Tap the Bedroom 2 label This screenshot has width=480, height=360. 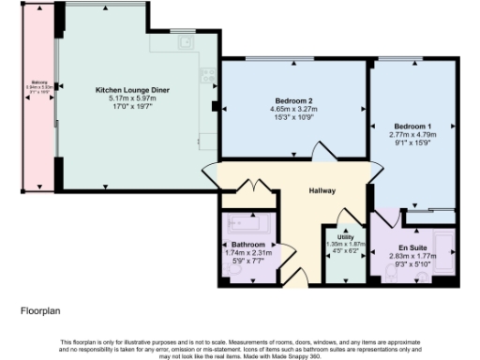293,100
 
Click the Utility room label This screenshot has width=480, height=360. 345,238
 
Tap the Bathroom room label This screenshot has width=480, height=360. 247,245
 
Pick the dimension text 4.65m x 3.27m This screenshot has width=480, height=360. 293,108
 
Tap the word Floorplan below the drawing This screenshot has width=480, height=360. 39,307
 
